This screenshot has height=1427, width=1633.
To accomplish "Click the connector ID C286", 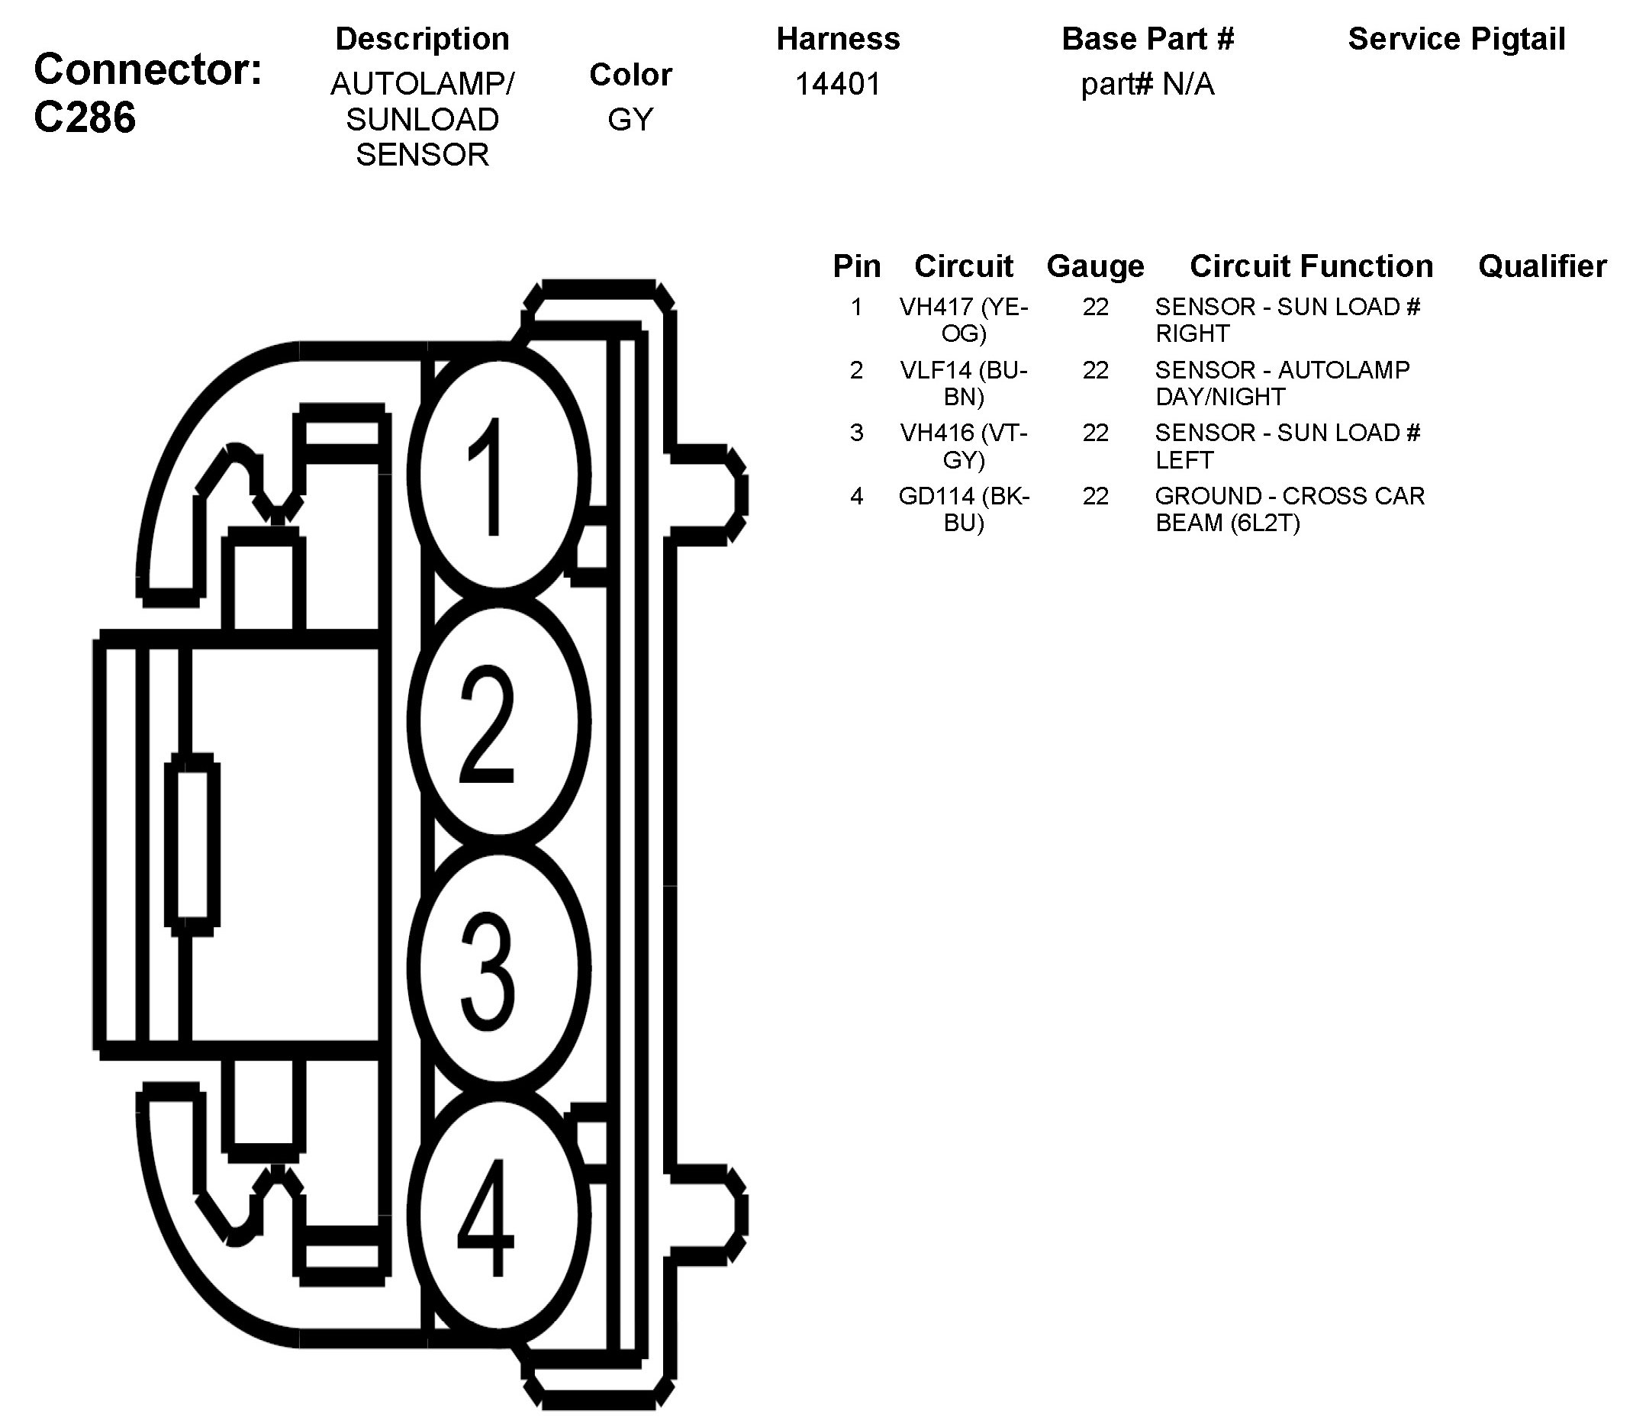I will pyautogui.click(x=85, y=117).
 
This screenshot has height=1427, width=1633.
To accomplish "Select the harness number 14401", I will pyautogui.click(x=838, y=84).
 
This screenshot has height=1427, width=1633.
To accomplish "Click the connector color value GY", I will pyautogui.click(x=630, y=120).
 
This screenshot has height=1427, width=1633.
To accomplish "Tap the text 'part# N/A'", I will pyautogui.click(x=1148, y=84).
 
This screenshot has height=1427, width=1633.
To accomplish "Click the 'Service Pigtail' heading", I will pyautogui.click(x=1456, y=39).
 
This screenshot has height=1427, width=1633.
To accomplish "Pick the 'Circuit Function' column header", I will pyautogui.click(x=1310, y=266).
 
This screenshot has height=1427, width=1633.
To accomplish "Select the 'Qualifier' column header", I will pyautogui.click(x=1542, y=266).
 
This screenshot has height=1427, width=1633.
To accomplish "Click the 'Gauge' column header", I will pyautogui.click(x=1095, y=266).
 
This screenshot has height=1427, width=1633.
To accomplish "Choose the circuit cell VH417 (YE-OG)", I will pyautogui.click(x=964, y=319).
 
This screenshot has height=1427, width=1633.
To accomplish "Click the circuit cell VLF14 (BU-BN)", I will pyautogui.click(x=964, y=383).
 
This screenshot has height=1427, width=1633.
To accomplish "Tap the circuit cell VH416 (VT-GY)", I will pyautogui.click(x=964, y=446).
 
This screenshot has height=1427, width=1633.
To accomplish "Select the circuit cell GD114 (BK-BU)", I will pyautogui.click(x=964, y=509).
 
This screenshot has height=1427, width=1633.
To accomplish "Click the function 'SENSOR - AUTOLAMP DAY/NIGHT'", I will pyautogui.click(x=1282, y=383).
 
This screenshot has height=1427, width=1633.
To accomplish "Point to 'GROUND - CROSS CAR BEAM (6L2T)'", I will pyautogui.click(x=1289, y=509).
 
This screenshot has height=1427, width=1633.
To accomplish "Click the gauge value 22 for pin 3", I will pyautogui.click(x=1095, y=433).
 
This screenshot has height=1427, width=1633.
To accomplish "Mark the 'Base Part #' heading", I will pyautogui.click(x=1148, y=39).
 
